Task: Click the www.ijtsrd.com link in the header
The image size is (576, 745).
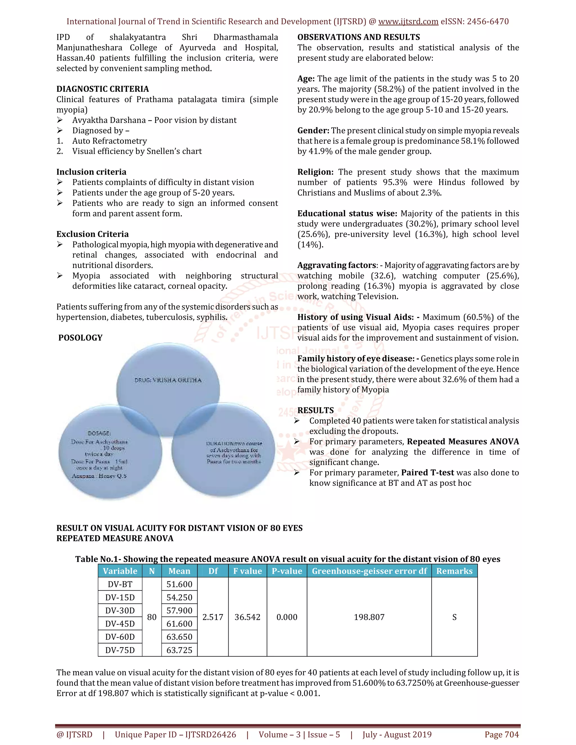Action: coord(408,21)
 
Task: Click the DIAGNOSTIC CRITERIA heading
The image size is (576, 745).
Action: coord(102,89)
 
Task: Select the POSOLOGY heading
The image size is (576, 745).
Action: coord(80,338)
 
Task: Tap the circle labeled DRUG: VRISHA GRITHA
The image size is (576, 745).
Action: coord(168,375)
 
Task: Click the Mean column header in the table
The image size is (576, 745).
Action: coord(179,571)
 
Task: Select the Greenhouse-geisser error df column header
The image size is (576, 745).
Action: coord(369,571)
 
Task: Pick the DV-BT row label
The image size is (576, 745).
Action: coord(120,584)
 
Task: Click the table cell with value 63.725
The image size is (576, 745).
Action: coord(179,650)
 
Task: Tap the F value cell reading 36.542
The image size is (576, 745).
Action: coord(247,617)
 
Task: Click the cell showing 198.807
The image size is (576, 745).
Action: coord(369,617)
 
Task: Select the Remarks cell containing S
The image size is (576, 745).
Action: coord(454,617)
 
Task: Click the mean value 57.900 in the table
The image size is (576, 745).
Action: coord(179,611)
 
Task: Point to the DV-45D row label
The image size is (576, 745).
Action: coord(120,624)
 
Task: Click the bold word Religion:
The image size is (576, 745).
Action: coord(315,172)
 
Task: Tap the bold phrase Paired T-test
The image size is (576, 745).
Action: coord(427,473)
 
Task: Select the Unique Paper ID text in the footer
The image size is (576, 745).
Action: coord(175,734)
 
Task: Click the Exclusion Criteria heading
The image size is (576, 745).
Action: coord(93,234)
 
